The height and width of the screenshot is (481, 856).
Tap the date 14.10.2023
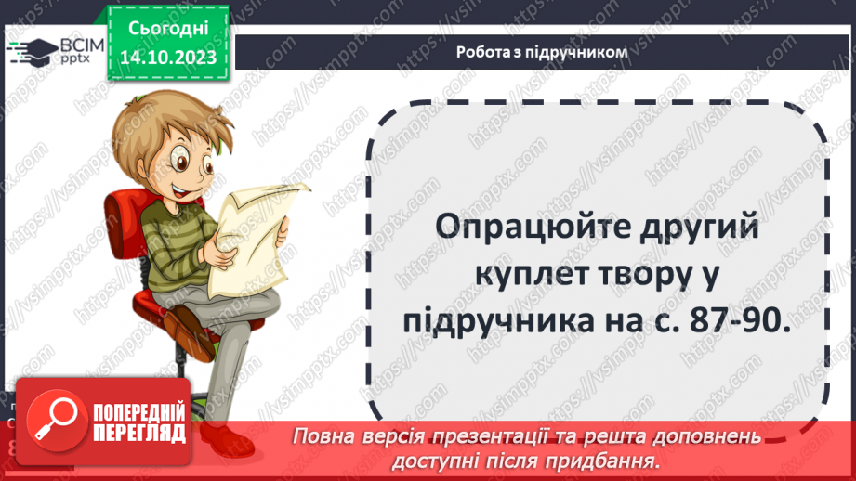[167, 57]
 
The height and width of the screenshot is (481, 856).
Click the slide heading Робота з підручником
[542, 52]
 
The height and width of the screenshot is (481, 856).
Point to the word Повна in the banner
[324, 436]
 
